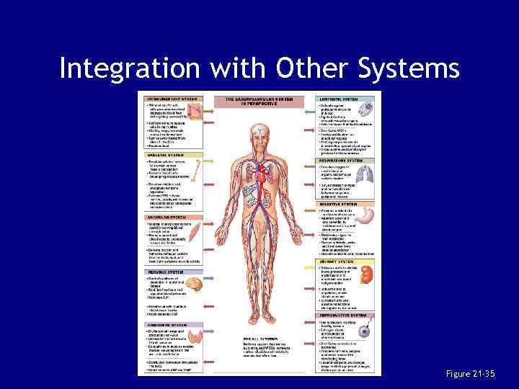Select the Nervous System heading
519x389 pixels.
164,272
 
